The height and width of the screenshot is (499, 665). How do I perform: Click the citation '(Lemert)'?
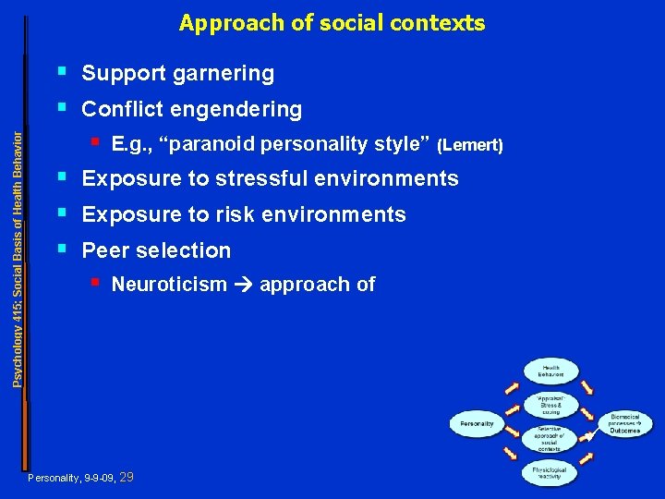(x=470, y=145)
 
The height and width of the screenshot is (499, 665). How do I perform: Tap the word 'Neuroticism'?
(x=169, y=285)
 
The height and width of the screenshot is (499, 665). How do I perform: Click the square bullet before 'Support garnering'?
(x=61, y=70)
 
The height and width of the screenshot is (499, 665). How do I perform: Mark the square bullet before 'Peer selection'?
(x=61, y=248)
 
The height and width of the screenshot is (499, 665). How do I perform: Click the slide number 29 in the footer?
(x=127, y=478)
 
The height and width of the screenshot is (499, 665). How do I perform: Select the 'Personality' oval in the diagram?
(x=478, y=424)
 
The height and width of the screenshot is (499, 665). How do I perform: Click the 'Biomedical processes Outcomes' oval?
(x=631, y=424)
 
